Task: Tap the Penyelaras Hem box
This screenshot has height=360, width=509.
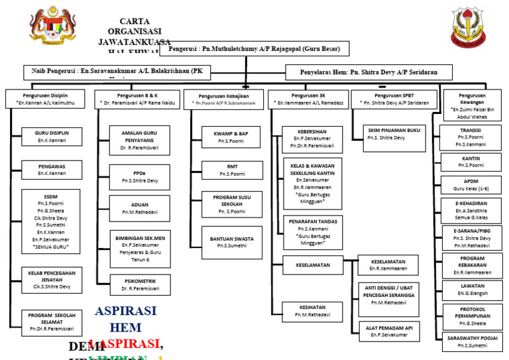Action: point(369,72)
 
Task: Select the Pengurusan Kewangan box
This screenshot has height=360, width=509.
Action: point(473,105)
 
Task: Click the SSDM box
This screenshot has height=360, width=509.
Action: point(51,221)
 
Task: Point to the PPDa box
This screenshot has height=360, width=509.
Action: point(140,176)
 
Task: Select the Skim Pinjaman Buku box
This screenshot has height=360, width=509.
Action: point(395,134)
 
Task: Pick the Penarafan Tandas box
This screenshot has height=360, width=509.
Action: point(313,231)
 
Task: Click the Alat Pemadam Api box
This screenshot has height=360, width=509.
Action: point(388,331)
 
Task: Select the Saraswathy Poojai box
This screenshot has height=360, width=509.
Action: point(472,341)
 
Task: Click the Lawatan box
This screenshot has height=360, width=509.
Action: point(472,290)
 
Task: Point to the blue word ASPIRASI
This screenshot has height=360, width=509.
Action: point(126,311)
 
